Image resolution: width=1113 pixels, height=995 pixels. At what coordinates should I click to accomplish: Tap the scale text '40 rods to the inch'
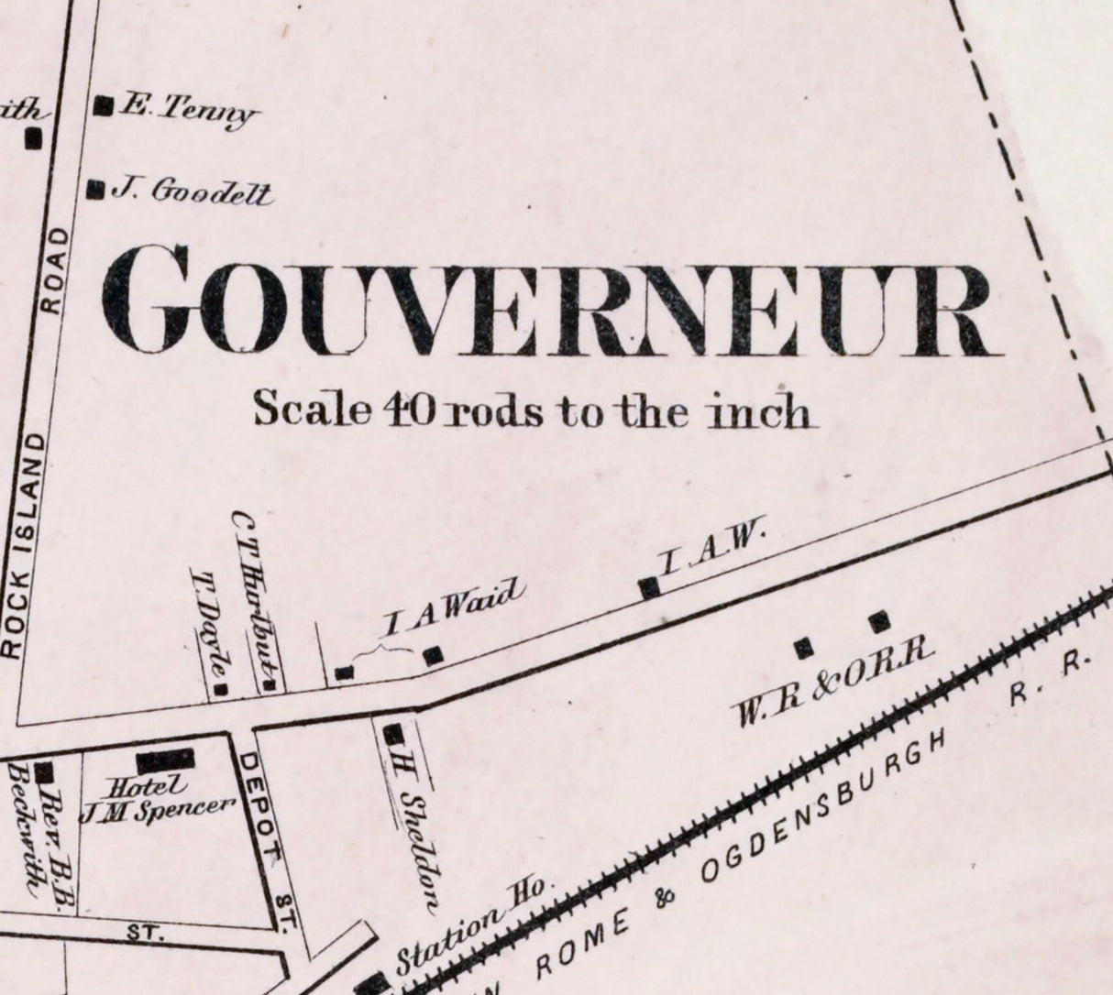(532, 410)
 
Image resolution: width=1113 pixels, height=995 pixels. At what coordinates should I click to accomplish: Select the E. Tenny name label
(187, 110)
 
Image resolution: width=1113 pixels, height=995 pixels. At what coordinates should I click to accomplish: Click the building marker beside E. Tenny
(104, 106)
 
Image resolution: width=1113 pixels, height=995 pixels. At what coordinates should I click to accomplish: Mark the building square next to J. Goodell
(94, 190)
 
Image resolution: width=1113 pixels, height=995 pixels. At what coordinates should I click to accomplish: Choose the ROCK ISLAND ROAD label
(35, 440)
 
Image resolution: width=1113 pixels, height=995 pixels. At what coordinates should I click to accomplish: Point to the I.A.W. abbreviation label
(711, 550)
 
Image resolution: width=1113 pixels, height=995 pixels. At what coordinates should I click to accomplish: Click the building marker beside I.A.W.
(649, 588)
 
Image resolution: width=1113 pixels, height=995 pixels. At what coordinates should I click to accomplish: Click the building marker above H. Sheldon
(393, 734)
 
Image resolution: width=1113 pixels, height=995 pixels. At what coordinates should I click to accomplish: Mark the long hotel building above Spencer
(166, 760)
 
